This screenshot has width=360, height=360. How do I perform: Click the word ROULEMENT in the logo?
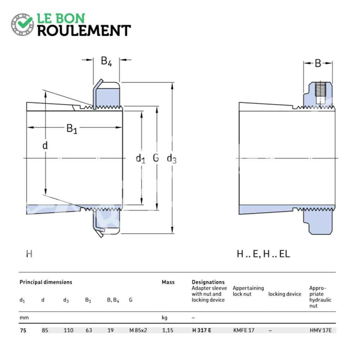point(84,31)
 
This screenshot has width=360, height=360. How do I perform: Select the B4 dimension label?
point(106,61)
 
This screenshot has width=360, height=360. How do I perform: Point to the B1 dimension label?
point(72,129)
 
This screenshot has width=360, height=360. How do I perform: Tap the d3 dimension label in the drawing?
point(171,158)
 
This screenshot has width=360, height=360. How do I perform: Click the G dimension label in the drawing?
point(156,158)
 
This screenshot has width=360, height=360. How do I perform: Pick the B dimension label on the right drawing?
point(318,63)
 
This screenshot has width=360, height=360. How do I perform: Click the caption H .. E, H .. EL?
point(263,254)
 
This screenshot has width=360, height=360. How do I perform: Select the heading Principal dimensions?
point(46,282)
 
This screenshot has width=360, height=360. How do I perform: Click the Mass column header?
point(168,282)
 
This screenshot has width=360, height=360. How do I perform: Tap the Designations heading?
point(208,282)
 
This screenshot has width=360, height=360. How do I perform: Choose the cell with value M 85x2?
point(138,330)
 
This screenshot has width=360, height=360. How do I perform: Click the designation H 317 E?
point(202,330)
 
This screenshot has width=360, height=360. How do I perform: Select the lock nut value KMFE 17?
point(243,330)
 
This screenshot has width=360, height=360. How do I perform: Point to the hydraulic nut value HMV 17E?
point(321,330)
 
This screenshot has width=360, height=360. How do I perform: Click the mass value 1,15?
point(167,330)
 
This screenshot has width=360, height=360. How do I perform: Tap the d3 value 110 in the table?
point(68,330)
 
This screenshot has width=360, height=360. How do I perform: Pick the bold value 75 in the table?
point(23,330)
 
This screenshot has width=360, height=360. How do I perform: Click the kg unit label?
point(164,318)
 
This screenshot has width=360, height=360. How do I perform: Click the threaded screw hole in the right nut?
point(320,93)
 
